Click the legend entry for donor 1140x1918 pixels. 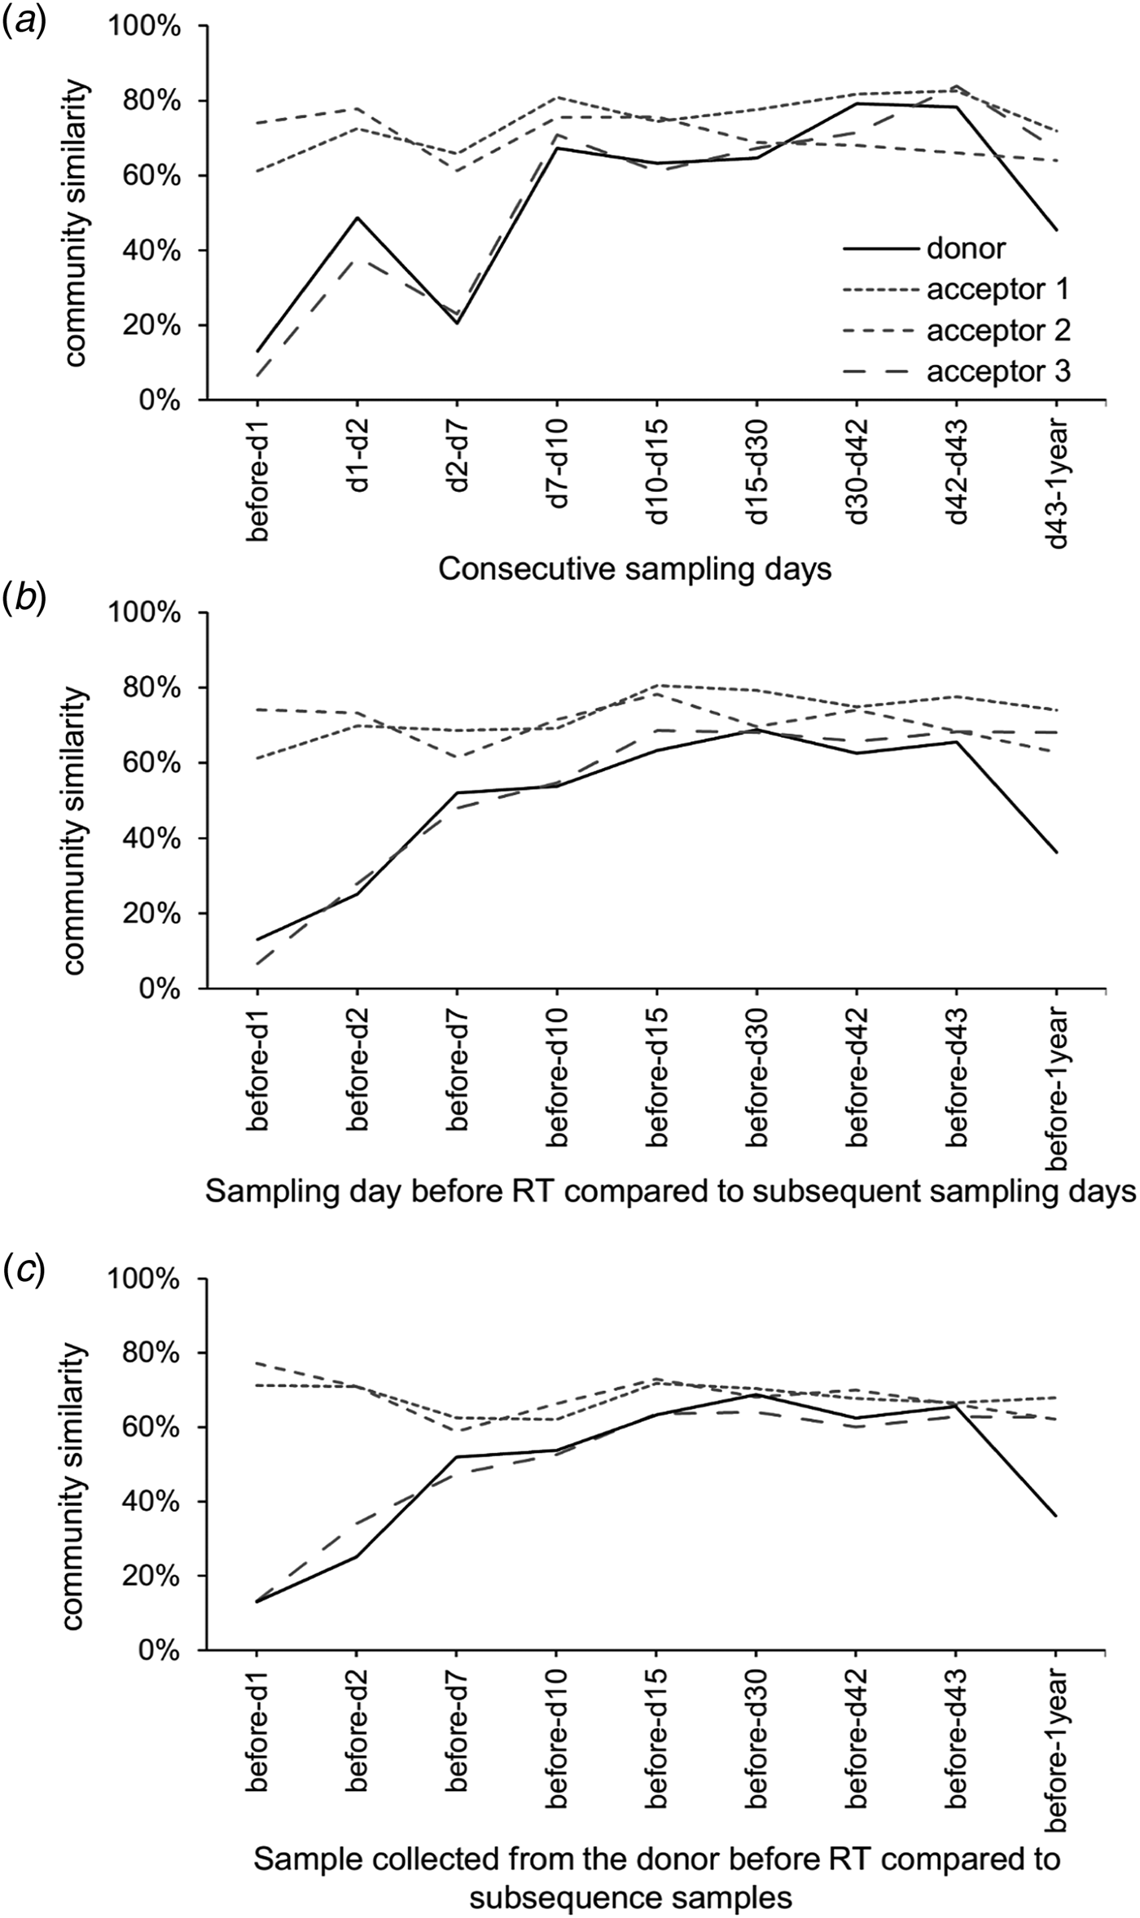(966, 248)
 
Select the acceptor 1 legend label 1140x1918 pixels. (997, 289)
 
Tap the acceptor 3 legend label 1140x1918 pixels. (997, 372)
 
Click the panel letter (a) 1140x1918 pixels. (24, 18)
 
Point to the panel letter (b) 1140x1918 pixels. (24, 601)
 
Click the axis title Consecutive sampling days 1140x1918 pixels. (635, 569)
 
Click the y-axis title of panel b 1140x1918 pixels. (73, 831)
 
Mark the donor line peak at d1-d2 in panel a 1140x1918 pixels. (357, 217)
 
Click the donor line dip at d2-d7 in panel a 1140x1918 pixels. (457, 323)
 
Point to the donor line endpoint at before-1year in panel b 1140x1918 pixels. (1057, 853)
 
